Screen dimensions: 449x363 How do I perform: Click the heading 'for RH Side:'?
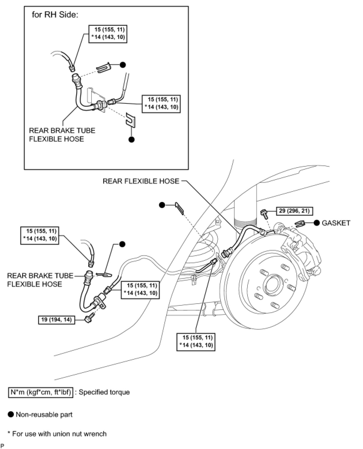pyautogui.click(x=55, y=15)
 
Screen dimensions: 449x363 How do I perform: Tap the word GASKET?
pyautogui.click(x=336, y=223)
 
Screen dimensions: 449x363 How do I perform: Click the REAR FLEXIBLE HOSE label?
pyautogui.click(x=141, y=181)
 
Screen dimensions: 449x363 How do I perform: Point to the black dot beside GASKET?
pyautogui.click(x=316, y=223)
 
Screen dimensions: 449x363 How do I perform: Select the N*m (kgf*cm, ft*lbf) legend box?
pyautogui.click(x=40, y=392)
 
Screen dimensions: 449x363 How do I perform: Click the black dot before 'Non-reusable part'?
pyautogui.click(x=11, y=415)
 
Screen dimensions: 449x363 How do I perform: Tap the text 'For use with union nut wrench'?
pyautogui.click(x=59, y=434)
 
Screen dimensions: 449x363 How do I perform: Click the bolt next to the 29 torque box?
pyautogui.click(x=264, y=213)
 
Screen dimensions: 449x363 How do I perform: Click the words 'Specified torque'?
pyautogui.click(x=104, y=392)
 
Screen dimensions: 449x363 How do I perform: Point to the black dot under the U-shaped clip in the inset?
pyautogui.click(x=131, y=139)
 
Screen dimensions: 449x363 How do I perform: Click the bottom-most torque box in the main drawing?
pyautogui.click(x=196, y=341)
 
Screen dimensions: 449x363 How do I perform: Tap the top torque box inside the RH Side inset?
pyautogui.click(x=108, y=34)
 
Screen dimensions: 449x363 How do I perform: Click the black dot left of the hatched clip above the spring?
pyautogui.click(x=162, y=205)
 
